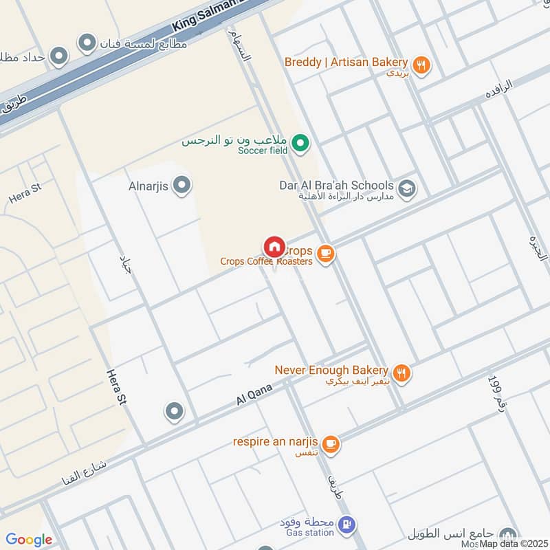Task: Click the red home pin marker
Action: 274,247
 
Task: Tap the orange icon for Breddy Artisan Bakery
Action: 422,65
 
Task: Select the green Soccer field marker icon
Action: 300,144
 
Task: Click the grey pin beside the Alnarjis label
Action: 182,185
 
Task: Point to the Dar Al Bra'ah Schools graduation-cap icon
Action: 407,189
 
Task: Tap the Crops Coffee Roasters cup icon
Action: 326,254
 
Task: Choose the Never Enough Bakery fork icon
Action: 402,373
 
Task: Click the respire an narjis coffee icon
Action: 331,445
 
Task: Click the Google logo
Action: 29,540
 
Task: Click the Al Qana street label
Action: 254,394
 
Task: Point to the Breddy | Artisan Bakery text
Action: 346,63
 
